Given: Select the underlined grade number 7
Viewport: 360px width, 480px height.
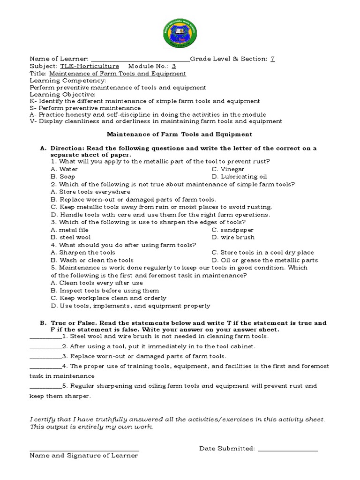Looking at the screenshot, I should pos(273,59).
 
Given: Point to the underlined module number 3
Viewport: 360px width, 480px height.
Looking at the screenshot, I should pos(174,66).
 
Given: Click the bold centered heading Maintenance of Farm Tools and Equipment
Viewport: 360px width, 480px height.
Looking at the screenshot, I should pos(180,135).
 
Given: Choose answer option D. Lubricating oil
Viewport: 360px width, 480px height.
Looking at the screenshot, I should pos(239,177).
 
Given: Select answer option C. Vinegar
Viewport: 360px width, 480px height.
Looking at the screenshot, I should pos(228,169).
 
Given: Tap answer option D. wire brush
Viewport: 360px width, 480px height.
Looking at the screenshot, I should pos(233,237).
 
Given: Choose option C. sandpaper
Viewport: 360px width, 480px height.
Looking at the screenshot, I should pos(232,230).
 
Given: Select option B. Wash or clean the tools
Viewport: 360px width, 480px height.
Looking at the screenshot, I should pos(92,260).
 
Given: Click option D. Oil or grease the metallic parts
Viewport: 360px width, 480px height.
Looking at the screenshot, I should pos(264,260).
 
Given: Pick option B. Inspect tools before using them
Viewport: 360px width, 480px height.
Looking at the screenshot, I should pos(105,291).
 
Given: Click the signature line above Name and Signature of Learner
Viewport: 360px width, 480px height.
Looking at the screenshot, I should pos(84,451).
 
